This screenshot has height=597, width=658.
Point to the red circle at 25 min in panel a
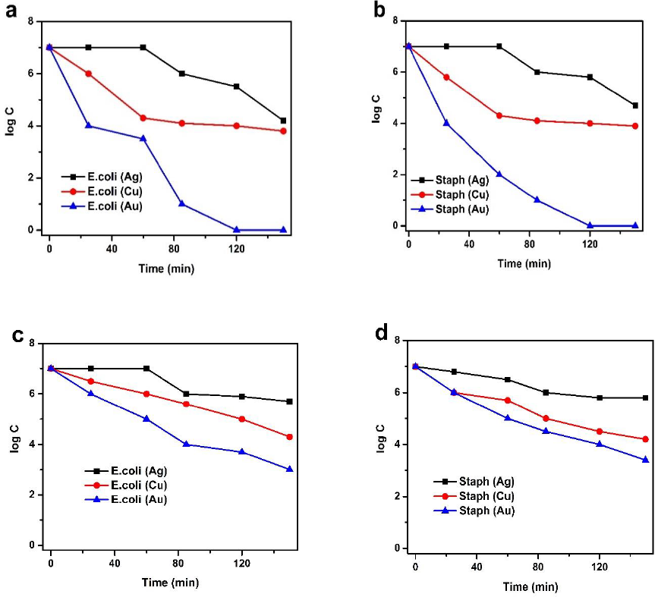pyautogui.click(x=89, y=74)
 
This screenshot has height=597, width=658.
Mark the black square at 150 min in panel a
pyautogui.click(x=283, y=121)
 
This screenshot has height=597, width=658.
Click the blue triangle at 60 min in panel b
pyautogui.click(x=499, y=174)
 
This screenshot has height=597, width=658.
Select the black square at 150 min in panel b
pyautogui.click(x=635, y=105)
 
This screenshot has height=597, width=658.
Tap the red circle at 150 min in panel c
pyautogui.click(x=289, y=437)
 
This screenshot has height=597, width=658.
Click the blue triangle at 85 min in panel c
pyautogui.click(x=186, y=445)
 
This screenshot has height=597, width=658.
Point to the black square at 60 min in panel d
pyautogui.click(x=508, y=379)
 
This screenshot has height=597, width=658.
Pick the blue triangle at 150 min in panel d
pyautogui.click(x=646, y=460)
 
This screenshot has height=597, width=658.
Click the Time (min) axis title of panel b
pyautogui.click(x=524, y=263)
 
